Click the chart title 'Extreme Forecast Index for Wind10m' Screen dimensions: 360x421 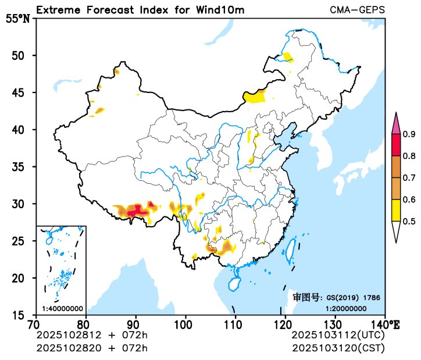click(140, 10)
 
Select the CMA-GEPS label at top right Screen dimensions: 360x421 click(357, 10)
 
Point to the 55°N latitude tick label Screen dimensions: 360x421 click(17, 19)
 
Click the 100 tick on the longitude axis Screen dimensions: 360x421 click(185, 324)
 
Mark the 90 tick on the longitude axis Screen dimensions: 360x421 click(135, 324)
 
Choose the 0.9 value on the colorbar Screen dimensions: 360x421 click(409, 135)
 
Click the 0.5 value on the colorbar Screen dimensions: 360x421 click(409, 221)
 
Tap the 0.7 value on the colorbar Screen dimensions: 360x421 click(409, 178)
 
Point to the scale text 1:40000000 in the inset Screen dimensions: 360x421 click(62, 308)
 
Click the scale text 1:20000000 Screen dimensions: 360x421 click(345, 308)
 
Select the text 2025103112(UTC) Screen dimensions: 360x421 click(337, 336)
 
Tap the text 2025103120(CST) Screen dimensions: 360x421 click(337, 348)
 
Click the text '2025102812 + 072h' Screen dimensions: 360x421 click(92, 336)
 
